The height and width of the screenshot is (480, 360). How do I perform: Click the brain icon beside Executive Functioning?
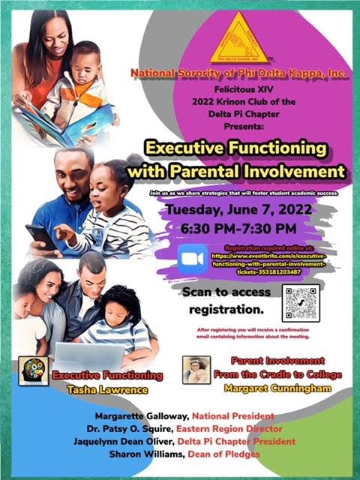[34, 370]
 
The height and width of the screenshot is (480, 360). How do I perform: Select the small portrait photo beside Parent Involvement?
[196, 369]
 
